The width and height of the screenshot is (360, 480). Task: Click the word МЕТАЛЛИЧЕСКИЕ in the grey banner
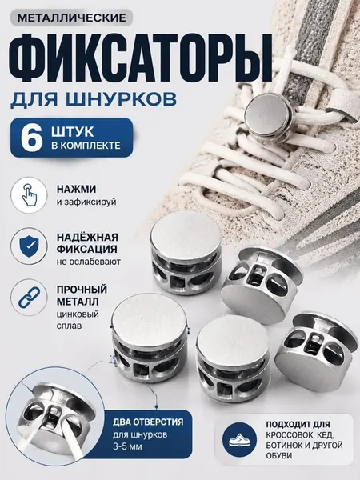point(72,18)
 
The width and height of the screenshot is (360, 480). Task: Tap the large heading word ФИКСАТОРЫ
point(142,58)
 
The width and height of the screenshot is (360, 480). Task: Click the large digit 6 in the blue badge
point(31,138)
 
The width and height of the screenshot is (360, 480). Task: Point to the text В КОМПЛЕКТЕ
point(86,145)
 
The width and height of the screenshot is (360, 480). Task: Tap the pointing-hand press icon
point(30,195)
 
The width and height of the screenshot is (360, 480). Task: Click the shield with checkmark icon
point(30,246)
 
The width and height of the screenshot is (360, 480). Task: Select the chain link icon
point(30,297)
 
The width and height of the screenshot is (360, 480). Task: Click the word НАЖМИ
point(76,189)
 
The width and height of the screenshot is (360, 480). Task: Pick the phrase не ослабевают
point(89,262)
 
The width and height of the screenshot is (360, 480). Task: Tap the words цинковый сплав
point(78,320)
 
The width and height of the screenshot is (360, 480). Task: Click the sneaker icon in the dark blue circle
point(240,440)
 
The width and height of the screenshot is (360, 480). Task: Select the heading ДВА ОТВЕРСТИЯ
point(148,422)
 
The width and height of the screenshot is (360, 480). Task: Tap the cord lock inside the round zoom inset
point(53,410)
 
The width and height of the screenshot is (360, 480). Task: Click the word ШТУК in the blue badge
point(73,132)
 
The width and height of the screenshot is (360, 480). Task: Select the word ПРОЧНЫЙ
point(82,290)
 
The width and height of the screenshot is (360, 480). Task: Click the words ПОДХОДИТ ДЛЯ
point(298,425)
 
